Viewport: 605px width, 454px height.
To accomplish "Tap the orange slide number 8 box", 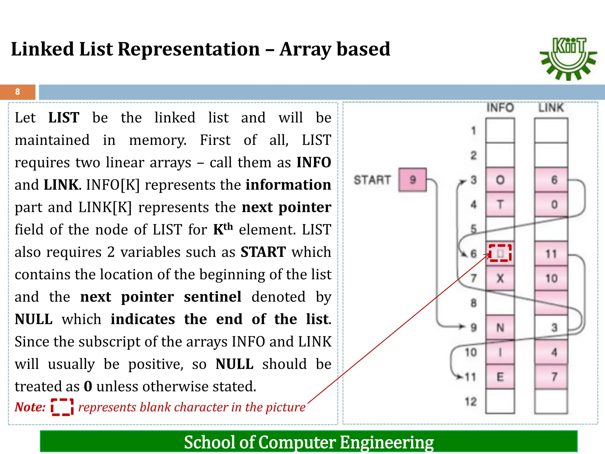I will pos(18,92).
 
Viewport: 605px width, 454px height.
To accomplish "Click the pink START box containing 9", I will pos(412,180).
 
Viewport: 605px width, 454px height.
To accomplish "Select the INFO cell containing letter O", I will pos(500,180).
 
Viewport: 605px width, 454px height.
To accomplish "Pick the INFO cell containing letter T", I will pos(500,204).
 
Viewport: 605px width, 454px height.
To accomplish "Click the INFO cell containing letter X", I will pos(500,278).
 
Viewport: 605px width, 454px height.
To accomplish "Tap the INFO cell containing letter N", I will pos(500,327).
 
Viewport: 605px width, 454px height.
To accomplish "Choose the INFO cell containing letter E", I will pos(500,377).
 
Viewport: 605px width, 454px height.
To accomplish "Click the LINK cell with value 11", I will pos(551,254).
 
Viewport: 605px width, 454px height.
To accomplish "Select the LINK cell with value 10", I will pos(551,278).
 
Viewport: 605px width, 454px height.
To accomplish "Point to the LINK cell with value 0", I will pos(551,204).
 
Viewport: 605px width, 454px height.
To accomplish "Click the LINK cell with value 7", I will pos(551,377).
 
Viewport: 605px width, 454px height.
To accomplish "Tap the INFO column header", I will pos(500,108).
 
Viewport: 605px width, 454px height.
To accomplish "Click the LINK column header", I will pos(551,108).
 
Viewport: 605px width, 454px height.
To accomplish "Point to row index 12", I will pos(471,402).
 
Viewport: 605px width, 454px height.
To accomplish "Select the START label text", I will pos(372,180).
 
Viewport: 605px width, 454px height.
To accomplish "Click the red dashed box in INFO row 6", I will pos(500,253).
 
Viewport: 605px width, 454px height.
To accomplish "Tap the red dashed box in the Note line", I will pos(62,407).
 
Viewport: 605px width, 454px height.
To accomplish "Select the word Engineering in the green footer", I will pos(387,442).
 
